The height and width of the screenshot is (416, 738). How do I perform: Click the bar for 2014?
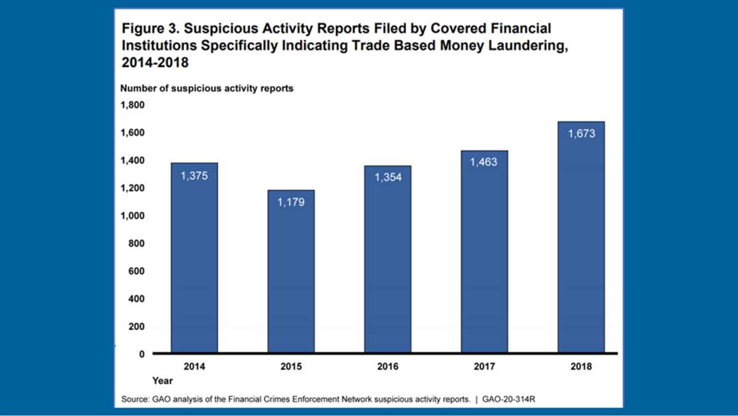(x=194, y=258)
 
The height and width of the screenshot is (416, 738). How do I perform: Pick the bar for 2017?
(x=484, y=252)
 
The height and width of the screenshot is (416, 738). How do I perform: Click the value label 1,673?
(x=581, y=133)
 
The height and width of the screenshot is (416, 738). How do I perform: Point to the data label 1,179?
(x=291, y=201)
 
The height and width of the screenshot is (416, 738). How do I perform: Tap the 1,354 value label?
(x=387, y=177)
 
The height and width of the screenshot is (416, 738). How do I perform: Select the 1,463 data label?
(x=484, y=162)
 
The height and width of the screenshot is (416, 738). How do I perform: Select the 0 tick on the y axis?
(x=141, y=354)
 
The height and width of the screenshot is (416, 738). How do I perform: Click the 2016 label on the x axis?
(x=387, y=367)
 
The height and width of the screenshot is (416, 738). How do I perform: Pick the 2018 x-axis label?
(x=581, y=367)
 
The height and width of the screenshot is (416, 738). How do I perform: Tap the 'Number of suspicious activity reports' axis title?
(x=207, y=88)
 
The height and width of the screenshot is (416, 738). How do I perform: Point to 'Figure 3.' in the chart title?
(x=146, y=28)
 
